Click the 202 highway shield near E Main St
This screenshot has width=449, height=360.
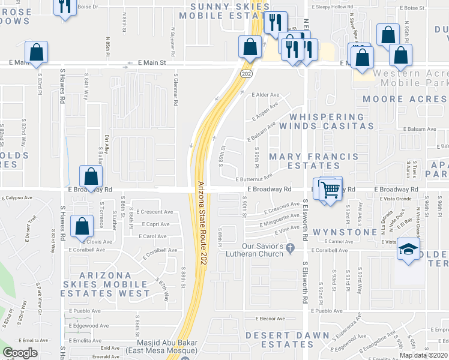tap(246, 73)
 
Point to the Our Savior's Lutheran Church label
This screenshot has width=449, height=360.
tap(262, 250)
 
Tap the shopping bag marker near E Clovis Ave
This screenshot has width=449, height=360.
tap(82, 227)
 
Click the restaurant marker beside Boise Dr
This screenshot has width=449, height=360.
tap(65, 6)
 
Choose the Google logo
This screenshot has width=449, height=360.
tap(20, 353)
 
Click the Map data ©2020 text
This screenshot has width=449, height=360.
tap(423, 355)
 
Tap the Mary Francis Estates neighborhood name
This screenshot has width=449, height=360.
tap(313, 161)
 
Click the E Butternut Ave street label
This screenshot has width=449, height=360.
tap(255, 179)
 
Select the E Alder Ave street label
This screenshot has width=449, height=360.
tap(266, 95)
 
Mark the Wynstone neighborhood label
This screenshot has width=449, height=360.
tap(337, 232)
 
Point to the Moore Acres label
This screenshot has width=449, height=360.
tap(405, 99)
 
